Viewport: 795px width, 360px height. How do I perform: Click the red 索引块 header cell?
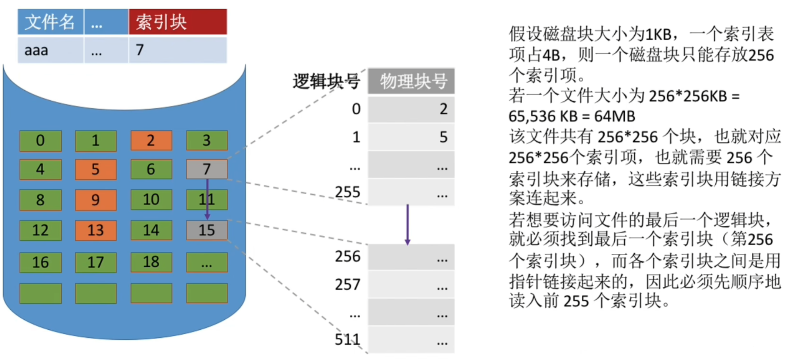[177, 22]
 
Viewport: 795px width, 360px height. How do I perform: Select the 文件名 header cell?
[50, 22]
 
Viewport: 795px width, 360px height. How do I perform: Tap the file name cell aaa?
[50, 50]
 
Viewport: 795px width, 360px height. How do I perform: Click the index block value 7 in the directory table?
[177, 50]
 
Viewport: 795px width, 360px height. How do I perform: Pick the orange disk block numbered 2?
[151, 141]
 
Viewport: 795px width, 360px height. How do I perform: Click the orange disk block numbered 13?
[96, 230]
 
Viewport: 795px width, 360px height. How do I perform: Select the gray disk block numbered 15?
[207, 230]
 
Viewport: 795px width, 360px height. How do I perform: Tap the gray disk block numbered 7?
[207, 169]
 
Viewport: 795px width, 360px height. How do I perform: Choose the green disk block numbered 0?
[40, 141]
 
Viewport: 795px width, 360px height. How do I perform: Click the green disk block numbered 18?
[151, 262]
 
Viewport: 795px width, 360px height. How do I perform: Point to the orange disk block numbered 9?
[96, 200]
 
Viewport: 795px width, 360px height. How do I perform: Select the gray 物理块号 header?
[411, 81]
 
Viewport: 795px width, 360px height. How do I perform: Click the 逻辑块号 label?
[326, 81]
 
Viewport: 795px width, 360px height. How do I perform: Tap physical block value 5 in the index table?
[443, 137]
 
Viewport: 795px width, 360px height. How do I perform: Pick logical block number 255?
[347, 192]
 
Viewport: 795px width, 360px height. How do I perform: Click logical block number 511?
[347, 339]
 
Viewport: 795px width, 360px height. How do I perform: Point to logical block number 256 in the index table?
[347, 256]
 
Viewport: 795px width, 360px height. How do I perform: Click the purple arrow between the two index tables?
[407, 224]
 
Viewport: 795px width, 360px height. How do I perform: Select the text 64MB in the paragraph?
[615, 116]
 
